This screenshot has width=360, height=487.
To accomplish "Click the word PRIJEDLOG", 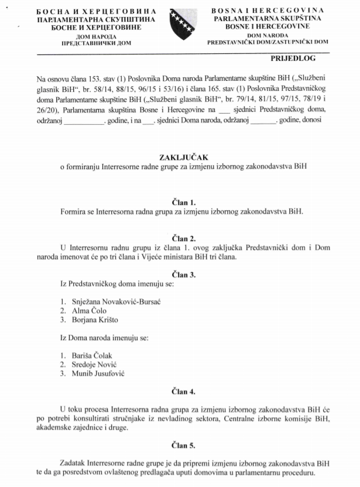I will coord(293,59).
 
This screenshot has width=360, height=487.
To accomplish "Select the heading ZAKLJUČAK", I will coord(180,157).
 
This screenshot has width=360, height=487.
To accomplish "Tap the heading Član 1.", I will coord(180,202).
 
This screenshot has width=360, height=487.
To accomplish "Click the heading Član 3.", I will coord(180,275).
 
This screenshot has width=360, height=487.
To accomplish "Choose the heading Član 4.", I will coord(180,391).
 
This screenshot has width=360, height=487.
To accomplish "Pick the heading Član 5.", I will coord(180,445).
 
